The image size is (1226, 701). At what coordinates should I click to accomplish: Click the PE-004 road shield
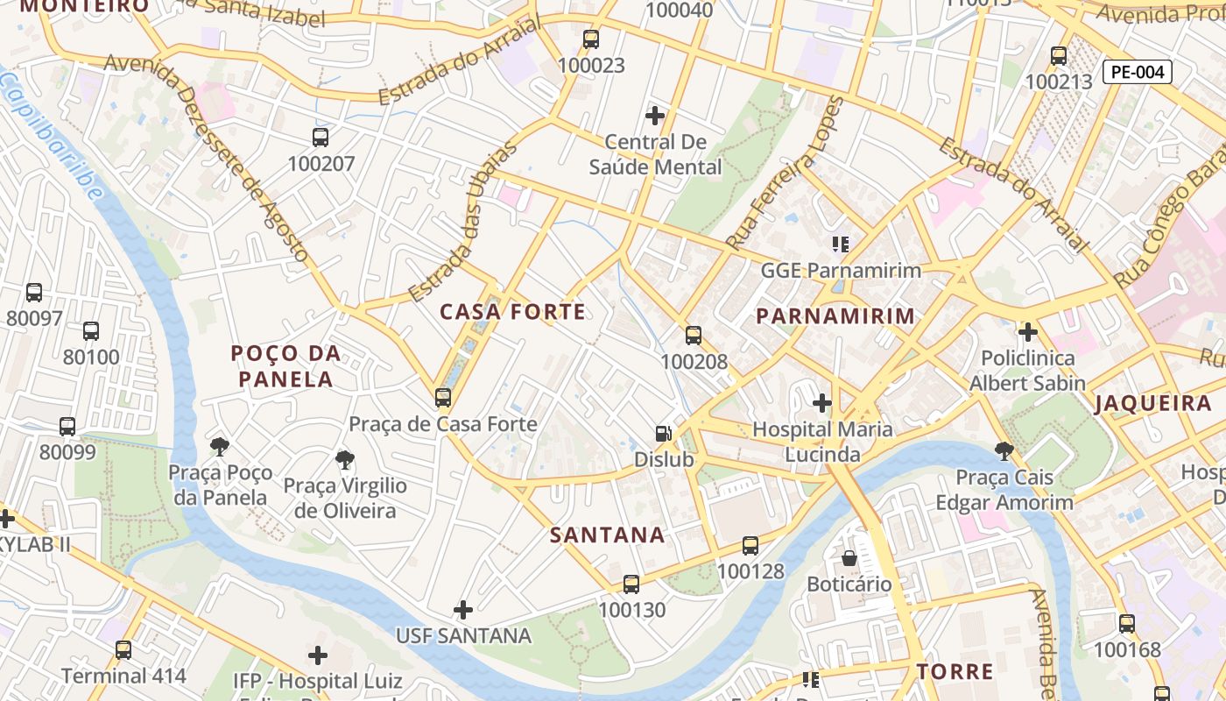[x=1137, y=73]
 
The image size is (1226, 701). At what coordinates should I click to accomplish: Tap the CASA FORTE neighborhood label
[x=512, y=312]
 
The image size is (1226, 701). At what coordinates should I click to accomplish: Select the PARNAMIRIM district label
[x=835, y=316]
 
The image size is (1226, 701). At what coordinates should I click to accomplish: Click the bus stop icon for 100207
[x=321, y=138]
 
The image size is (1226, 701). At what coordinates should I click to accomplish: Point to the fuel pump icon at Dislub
[x=664, y=434]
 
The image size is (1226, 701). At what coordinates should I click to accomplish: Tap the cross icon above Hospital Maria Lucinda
[x=821, y=403]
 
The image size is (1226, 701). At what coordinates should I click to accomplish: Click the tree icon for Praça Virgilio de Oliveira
[x=345, y=460]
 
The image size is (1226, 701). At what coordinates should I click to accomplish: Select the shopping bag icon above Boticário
[x=849, y=558]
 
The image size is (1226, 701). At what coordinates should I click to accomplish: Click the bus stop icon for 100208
[x=694, y=336]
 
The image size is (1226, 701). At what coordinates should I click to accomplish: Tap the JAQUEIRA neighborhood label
[x=1152, y=404]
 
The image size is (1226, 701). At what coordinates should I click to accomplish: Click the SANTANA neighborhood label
[x=607, y=535]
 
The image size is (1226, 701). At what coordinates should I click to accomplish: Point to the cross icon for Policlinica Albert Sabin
[x=1027, y=332]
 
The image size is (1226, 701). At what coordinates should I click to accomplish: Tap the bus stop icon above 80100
[x=91, y=331]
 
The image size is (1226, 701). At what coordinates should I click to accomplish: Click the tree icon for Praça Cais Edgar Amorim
[x=1004, y=451]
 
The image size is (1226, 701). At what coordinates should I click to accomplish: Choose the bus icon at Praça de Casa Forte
[x=443, y=398]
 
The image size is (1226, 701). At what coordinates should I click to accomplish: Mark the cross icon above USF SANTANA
[x=463, y=609]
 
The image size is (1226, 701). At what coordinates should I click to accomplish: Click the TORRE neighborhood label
[x=955, y=672]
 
